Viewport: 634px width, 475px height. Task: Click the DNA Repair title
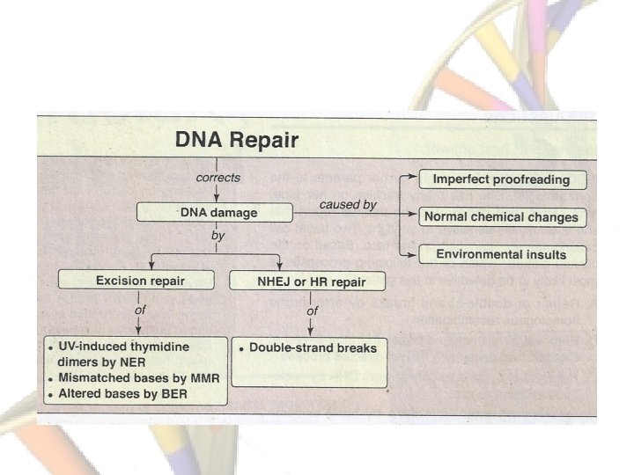pyautogui.click(x=238, y=139)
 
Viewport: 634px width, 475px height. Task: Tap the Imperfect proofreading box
pyautogui.click(x=501, y=179)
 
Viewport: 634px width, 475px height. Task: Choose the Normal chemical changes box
pyautogui.click(x=501, y=216)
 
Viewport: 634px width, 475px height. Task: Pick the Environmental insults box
pyautogui.click(x=501, y=254)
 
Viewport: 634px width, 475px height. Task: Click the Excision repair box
pyautogui.click(x=141, y=281)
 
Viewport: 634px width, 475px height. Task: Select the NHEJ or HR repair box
pyautogui.click(x=297, y=281)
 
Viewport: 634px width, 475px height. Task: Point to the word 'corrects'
pyautogui.click(x=217, y=177)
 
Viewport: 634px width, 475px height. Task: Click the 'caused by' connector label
pyautogui.click(x=348, y=204)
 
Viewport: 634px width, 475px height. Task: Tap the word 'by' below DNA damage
pyautogui.click(x=217, y=237)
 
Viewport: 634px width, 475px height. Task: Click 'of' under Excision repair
pyautogui.click(x=141, y=311)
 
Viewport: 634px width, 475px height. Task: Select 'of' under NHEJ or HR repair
pyautogui.click(x=312, y=311)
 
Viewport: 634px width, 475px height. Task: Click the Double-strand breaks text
pyautogui.click(x=313, y=347)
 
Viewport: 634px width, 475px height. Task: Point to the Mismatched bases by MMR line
pyautogui.click(x=143, y=378)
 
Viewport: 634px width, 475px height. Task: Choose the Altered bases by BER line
pyautogui.click(x=132, y=395)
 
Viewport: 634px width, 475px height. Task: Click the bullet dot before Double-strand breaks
pyautogui.click(x=241, y=348)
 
